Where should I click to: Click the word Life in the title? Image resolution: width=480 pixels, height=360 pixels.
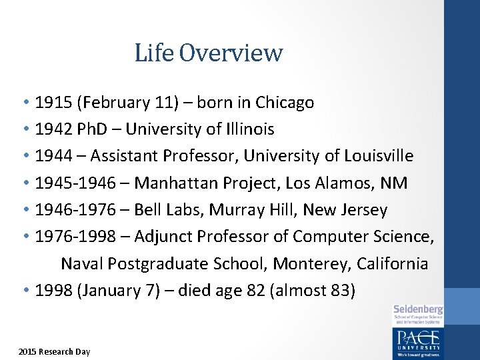[x=154, y=53]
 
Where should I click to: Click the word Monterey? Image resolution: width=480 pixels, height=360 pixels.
[x=313, y=264]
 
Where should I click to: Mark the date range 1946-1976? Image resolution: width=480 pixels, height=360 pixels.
[x=74, y=210]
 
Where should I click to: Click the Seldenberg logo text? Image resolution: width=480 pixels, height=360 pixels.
[x=418, y=309]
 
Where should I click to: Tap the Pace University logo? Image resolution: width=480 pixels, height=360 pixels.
[x=418, y=341]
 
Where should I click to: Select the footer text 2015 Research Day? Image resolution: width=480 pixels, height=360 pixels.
[x=54, y=351]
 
